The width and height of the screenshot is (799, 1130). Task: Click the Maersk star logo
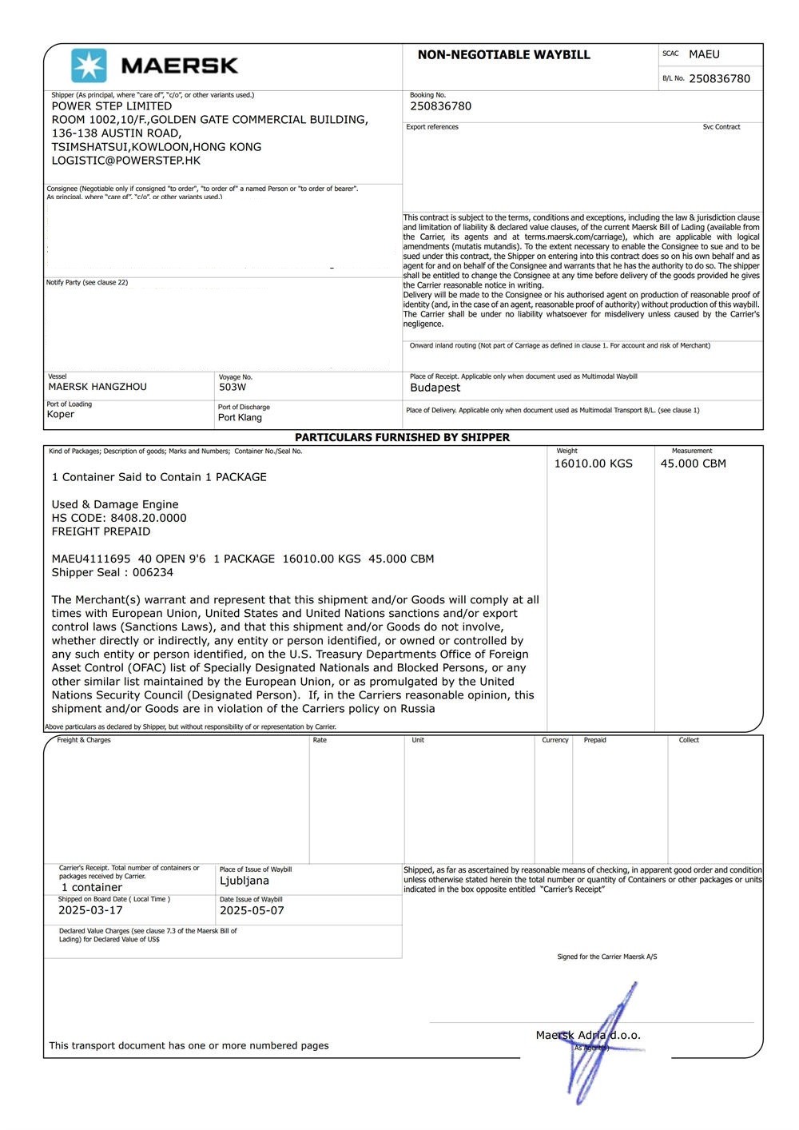[x=89, y=66]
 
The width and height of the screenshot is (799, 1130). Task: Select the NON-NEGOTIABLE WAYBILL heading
[x=503, y=55]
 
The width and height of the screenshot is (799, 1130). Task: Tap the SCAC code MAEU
[x=704, y=54]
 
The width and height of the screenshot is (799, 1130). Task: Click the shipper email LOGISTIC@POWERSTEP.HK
[x=126, y=161]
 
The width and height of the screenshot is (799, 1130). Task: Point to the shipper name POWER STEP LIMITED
[x=112, y=106]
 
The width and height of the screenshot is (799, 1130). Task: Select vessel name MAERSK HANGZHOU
[x=97, y=387]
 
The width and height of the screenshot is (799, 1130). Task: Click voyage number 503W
[x=233, y=388]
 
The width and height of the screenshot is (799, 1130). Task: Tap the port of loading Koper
[x=61, y=415]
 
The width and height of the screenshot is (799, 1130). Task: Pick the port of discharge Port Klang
[x=240, y=418]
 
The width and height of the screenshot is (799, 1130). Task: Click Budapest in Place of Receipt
[x=435, y=388]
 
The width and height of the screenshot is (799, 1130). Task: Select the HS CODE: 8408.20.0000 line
[x=119, y=518]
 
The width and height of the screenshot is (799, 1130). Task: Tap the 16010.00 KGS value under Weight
[x=593, y=464]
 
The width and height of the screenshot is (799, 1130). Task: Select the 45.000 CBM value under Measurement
[x=693, y=464]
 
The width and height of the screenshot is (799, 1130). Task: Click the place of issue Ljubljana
[x=244, y=881]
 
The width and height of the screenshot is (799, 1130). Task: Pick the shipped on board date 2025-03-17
[x=90, y=910]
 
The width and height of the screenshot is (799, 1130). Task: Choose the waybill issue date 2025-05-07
[x=252, y=911]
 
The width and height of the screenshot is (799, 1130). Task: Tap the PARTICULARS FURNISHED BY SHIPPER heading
[x=402, y=438]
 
